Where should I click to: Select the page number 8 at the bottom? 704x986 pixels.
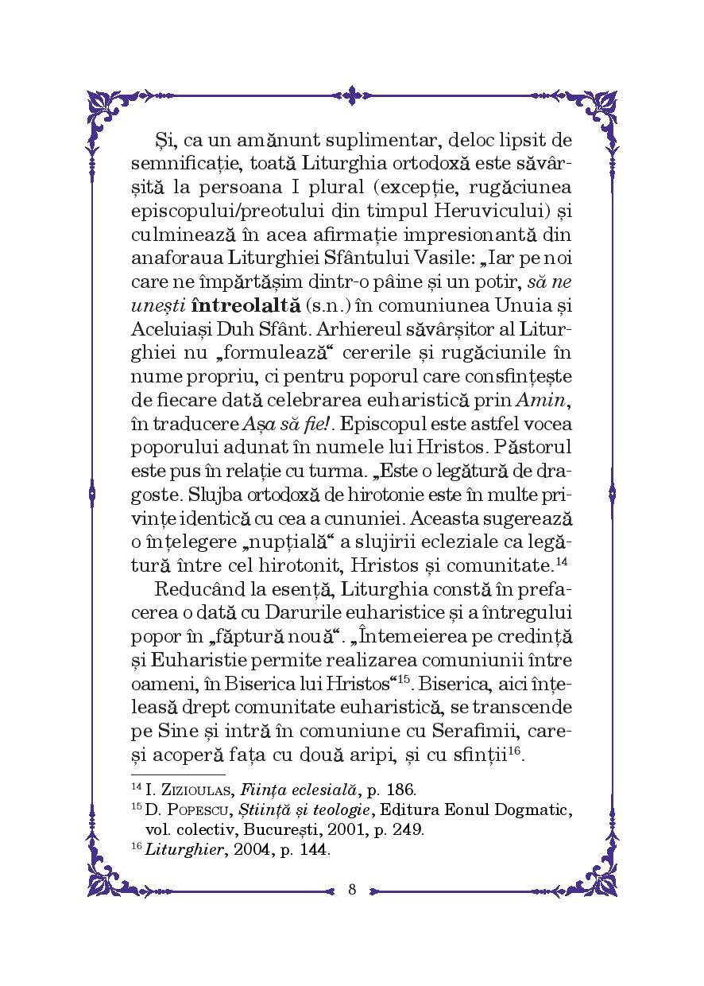[x=352, y=889]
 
